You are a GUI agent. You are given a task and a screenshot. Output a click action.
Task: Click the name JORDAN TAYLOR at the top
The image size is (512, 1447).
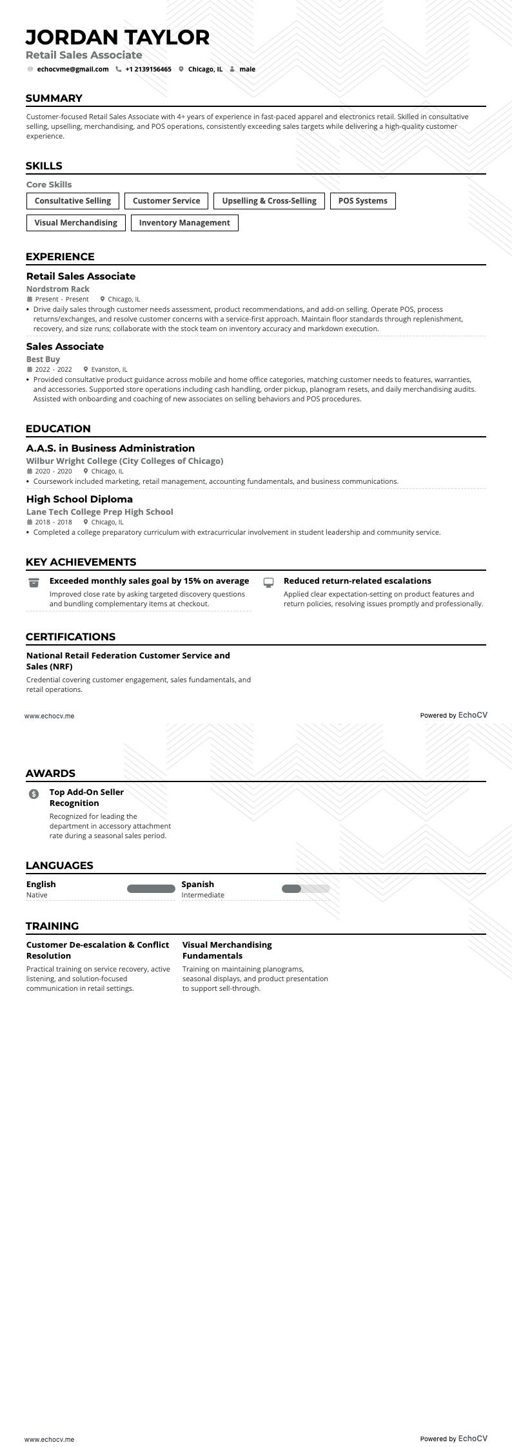118,37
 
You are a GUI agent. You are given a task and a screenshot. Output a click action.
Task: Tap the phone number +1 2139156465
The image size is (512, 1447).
148,69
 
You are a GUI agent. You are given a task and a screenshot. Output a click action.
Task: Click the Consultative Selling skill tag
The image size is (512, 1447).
73,201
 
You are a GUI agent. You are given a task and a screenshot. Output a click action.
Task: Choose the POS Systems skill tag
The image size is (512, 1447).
362,201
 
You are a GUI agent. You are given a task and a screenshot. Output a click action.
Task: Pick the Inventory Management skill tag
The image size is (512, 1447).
184,223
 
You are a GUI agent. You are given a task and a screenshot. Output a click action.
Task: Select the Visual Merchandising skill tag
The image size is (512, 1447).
75,223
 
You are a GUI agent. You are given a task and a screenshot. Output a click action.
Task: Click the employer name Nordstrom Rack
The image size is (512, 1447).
58,289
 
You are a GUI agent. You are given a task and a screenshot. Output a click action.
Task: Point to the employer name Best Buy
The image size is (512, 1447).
43,359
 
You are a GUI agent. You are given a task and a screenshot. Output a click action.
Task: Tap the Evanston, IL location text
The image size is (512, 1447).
109,370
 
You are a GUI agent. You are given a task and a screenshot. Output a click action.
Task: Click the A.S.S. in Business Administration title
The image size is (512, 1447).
110,448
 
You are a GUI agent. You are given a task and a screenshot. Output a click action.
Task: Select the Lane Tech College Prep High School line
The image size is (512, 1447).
100,512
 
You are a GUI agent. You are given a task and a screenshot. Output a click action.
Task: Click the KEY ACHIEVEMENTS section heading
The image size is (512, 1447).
81,562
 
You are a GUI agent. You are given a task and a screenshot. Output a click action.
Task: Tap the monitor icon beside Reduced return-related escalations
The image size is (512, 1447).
269,582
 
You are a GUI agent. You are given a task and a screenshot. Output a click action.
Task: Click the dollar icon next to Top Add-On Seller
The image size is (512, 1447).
34,794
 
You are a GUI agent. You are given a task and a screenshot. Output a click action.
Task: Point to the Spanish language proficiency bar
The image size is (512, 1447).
306,889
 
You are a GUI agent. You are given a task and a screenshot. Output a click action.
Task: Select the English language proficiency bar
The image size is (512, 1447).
151,889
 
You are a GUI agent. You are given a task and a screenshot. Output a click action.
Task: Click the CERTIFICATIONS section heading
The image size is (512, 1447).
71,637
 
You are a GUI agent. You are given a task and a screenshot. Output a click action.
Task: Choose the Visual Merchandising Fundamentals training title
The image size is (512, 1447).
227,950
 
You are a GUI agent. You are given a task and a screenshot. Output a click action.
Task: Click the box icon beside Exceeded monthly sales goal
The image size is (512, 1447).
34,582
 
